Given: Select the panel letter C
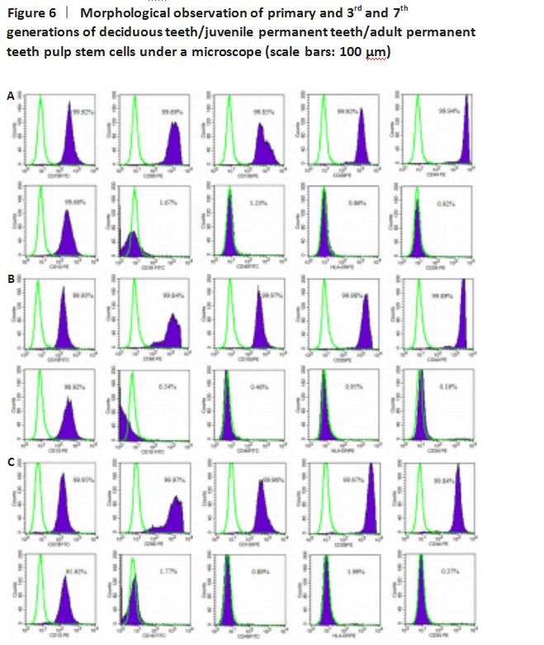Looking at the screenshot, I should pyautogui.click(x=11, y=463).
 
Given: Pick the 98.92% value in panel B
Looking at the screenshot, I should pyautogui.click(x=75, y=385).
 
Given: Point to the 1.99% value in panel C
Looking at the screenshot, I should pyautogui.click(x=355, y=570).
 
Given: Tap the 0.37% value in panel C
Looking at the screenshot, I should pyautogui.click(x=451, y=570).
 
